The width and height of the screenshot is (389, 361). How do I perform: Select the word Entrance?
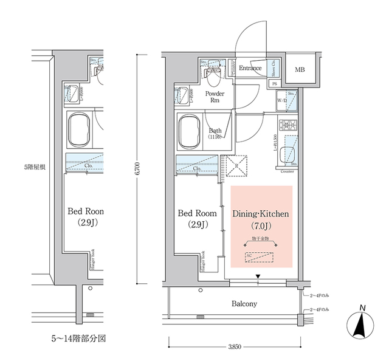pos(250,68)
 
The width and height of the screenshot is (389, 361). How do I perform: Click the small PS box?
pos(274,83)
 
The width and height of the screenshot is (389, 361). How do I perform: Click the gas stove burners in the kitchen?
pos(286,126)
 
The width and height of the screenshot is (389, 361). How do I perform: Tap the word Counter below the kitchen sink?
pos(287,171)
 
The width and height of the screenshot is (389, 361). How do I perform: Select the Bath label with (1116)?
pos(215,134)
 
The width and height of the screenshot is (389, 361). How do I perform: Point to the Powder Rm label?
pos(214,97)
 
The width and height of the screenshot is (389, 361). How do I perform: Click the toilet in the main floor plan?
pos(213,77)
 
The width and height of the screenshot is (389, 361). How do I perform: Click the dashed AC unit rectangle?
pos(262,257)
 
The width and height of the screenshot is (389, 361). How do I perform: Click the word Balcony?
pos(243,304)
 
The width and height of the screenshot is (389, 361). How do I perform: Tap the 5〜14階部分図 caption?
pos(79,337)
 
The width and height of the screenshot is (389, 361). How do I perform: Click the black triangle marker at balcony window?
pos(258,278)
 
